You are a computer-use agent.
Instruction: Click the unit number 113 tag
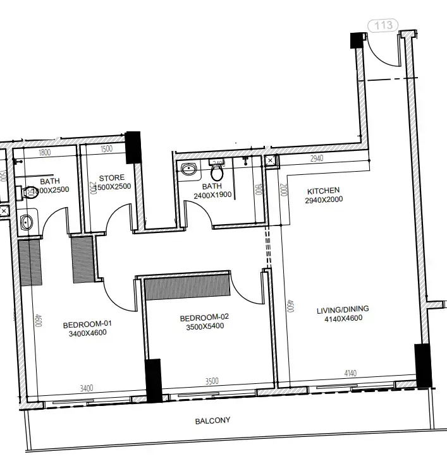[384, 25]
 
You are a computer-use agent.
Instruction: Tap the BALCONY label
[212, 420]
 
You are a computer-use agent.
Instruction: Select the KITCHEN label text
[323, 191]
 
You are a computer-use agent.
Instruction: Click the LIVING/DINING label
[343, 309]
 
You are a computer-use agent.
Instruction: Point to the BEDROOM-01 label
[87, 325]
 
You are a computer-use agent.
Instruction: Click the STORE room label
[111, 178]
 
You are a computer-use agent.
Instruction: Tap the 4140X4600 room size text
[343, 319]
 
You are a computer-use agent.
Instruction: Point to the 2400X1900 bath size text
[211, 196]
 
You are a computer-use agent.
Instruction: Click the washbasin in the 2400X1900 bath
[188, 169]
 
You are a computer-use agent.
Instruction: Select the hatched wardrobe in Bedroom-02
[187, 287]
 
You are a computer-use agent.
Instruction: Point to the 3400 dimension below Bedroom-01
[86, 388]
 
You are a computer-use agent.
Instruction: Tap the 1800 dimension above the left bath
[44, 152]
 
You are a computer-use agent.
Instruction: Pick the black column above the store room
[133, 147]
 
